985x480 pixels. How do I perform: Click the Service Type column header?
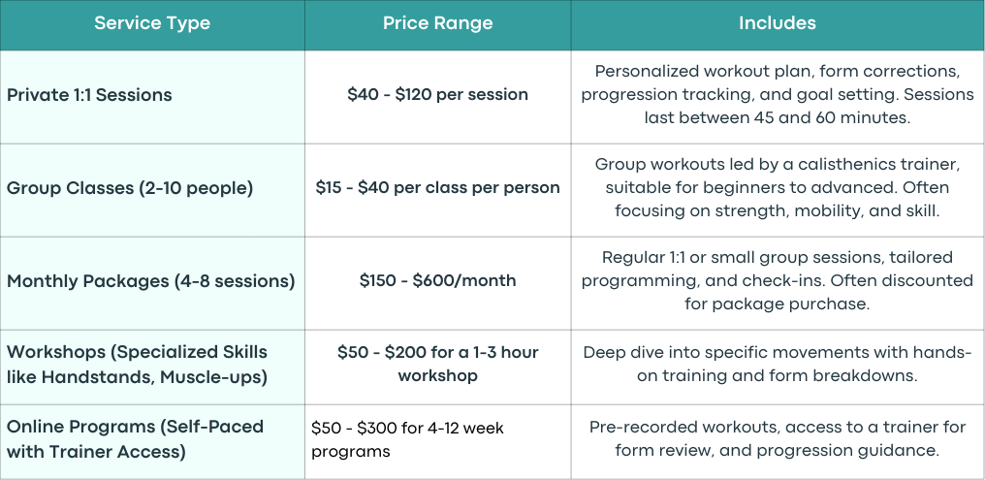(152, 23)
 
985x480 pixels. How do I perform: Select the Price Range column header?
(438, 23)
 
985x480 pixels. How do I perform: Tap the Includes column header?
(778, 23)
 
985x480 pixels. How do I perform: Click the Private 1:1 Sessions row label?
(89, 95)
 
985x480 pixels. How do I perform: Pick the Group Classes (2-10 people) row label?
(130, 188)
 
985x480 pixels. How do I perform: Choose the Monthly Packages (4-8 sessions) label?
(151, 281)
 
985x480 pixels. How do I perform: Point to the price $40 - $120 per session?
(438, 94)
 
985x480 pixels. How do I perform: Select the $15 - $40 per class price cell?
(438, 188)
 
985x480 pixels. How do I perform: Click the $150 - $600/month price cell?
(438, 280)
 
